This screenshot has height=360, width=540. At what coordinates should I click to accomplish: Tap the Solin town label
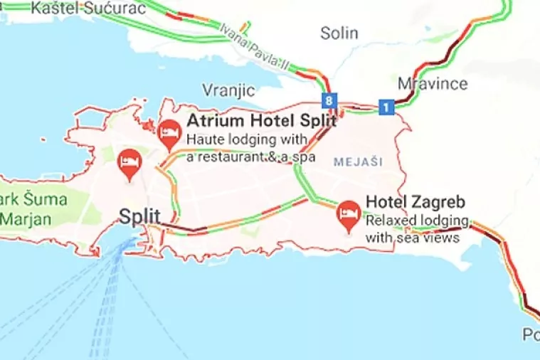coord(339,33)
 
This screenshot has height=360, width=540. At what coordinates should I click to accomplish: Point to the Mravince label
coord(433,83)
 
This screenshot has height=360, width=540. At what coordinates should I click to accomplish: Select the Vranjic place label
coord(228,90)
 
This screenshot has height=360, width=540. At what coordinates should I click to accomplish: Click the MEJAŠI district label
coord(354,162)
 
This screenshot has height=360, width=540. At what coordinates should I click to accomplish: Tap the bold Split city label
coord(139,216)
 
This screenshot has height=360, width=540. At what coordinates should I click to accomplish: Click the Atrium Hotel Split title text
coord(261,121)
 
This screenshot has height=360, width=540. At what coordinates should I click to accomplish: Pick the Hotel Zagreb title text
coord(415,202)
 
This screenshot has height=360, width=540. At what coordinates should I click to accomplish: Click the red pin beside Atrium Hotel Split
coord(169,132)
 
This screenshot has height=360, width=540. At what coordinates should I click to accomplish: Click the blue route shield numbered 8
coord(328,100)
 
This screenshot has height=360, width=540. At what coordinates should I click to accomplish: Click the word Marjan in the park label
coord(26,218)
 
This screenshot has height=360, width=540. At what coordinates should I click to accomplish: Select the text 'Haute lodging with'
coord(246,139)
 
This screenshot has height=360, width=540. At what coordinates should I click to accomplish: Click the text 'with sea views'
coord(412,238)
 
